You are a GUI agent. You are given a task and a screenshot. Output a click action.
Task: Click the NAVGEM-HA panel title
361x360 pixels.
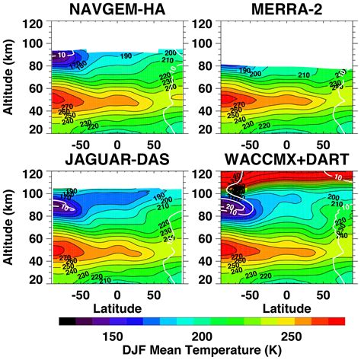coord(112,10)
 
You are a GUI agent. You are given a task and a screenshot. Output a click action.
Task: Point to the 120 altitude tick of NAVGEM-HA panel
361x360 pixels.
coord(37,23)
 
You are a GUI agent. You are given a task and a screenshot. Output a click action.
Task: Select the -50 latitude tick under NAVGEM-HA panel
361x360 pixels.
coord(76,143)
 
